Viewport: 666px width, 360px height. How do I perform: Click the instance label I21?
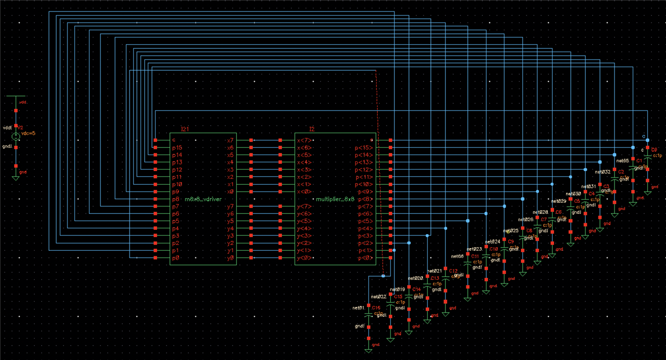tap(184, 128)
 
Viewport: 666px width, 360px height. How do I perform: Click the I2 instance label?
tap(312, 128)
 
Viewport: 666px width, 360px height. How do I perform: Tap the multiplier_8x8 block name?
tap(336, 199)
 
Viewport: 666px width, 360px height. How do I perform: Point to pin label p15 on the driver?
tap(177, 148)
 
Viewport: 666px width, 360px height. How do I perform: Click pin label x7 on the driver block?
tap(230, 140)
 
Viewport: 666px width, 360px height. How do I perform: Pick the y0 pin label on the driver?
tap(230, 258)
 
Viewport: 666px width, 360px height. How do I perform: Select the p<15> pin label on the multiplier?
tap(365, 148)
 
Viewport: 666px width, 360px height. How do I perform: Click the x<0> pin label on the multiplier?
tap(304, 192)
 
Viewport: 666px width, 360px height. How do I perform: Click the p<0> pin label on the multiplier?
tap(365, 258)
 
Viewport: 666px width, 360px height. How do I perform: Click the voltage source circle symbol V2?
tap(16, 136)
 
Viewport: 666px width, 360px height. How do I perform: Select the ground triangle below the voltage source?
tap(16, 177)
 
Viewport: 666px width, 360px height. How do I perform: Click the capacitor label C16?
tap(376, 308)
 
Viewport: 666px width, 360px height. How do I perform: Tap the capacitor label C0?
tap(654, 149)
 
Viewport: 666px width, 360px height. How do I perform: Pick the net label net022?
tap(378, 297)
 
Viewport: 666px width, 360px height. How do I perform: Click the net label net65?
tap(623, 161)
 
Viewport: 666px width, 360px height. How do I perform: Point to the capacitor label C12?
tap(453, 271)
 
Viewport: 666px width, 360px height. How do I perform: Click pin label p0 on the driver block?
tap(176, 258)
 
